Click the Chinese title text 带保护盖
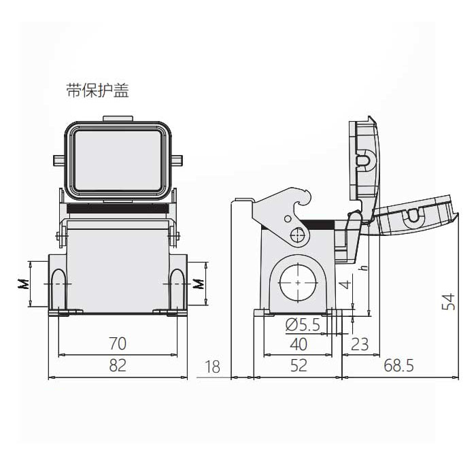click(x=97, y=91)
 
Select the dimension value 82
click(x=118, y=366)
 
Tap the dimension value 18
click(x=212, y=367)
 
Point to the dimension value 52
click(x=298, y=366)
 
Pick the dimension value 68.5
click(x=398, y=366)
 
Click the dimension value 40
click(x=298, y=344)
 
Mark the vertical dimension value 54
click(x=449, y=302)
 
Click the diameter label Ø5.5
click(x=303, y=325)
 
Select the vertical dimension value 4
click(x=346, y=283)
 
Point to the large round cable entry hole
click(x=298, y=280)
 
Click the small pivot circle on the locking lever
click(x=296, y=236)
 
